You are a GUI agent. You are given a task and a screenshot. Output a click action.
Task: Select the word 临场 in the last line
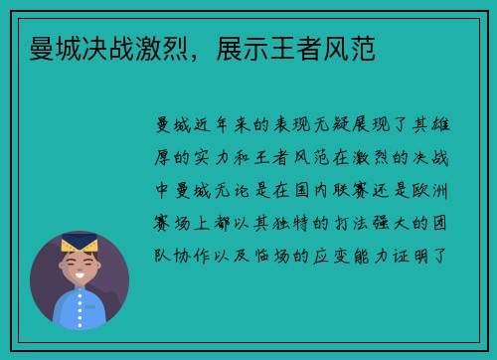(276, 257)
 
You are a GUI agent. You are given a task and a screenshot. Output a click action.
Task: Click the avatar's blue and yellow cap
(80, 243)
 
